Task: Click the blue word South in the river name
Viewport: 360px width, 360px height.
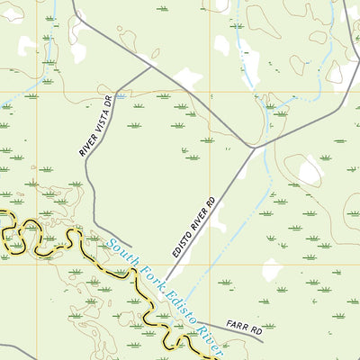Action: coord(122,248)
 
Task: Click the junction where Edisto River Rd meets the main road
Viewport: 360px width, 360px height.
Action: coord(253,147)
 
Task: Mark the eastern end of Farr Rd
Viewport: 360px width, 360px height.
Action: coord(262,340)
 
